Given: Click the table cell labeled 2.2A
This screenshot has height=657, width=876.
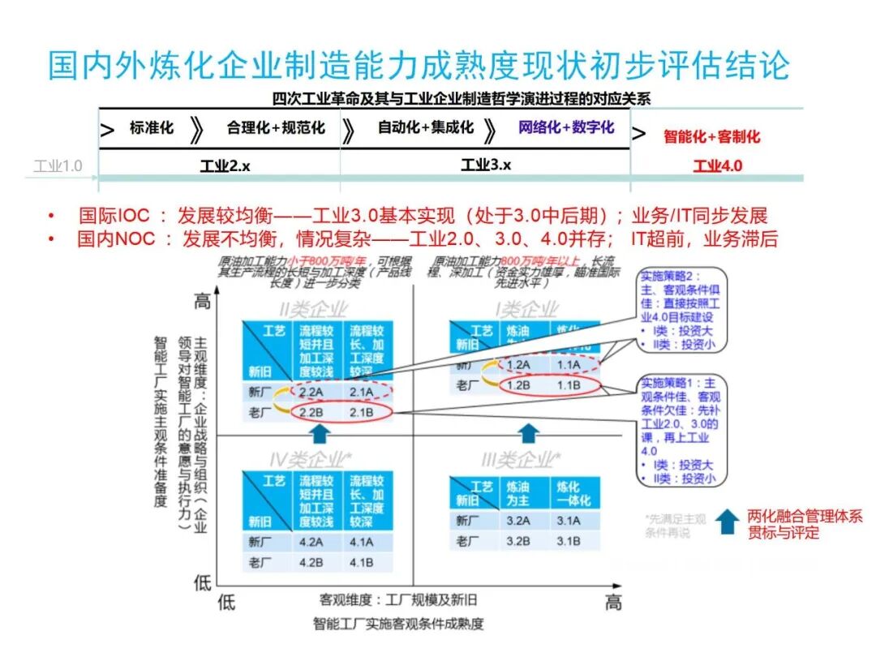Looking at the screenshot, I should click(312, 393).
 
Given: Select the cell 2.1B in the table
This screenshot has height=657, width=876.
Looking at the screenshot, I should click(361, 414).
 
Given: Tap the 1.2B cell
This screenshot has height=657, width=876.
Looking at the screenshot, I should click(519, 386).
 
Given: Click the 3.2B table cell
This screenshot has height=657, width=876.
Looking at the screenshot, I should click(519, 542).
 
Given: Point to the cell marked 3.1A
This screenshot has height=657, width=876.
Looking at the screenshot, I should click(568, 522).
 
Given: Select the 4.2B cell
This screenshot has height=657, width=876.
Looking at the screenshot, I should click(312, 562).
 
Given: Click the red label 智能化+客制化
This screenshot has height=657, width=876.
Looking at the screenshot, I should click(711, 136).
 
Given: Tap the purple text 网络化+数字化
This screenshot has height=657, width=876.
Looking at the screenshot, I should click(566, 127).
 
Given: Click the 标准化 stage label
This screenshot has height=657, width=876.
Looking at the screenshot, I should click(152, 128).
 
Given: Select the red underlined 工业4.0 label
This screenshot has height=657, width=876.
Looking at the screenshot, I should click(717, 166).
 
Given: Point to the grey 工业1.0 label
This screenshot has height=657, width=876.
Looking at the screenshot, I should click(58, 167).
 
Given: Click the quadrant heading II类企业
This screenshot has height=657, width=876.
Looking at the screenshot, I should click(308, 309).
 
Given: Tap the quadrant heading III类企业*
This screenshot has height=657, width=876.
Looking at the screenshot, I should click(520, 460).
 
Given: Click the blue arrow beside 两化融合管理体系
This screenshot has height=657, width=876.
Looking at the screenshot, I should click(727, 521).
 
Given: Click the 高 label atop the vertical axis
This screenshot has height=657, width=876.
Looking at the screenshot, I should click(203, 301).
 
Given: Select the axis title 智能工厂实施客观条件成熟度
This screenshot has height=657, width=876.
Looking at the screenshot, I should click(398, 624).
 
